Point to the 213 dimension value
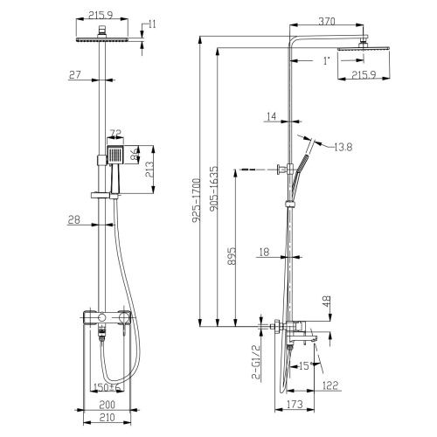pyautogui.click(x=150, y=168)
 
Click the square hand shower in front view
pyautogui.click(x=116, y=156)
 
